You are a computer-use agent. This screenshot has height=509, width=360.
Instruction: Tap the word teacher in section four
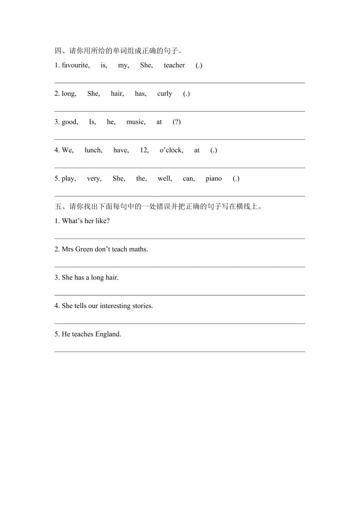tap(174, 65)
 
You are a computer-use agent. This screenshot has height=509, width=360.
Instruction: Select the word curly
tap(165, 93)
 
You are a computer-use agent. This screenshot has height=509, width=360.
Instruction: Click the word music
tap(136, 122)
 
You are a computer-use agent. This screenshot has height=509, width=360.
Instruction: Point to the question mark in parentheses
tap(177, 122)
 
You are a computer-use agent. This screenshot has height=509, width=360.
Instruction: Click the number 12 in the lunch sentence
tap(144, 150)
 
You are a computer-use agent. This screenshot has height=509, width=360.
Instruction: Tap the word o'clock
tap(171, 150)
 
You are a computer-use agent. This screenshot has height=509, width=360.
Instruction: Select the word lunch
tap(94, 150)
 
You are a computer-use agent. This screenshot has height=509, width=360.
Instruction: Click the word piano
tap(214, 179)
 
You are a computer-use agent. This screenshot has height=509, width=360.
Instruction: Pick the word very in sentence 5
tap(94, 179)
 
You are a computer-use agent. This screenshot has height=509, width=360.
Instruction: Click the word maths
tap(138, 249)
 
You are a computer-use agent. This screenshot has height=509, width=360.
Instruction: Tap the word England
tap(108, 334)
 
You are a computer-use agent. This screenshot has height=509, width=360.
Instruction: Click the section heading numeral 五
tap(58, 207)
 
